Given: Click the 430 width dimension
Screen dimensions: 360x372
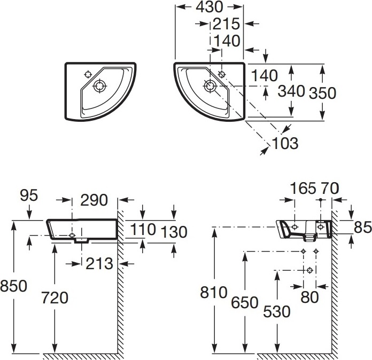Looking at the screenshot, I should pyautogui.click(x=210, y=7).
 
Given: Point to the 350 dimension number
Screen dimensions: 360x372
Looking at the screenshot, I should pyautogui.click(x=323, y=93).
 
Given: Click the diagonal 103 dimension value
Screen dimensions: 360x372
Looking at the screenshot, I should pyautogui.click(x=284, y=143).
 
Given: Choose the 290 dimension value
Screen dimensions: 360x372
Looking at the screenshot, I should pyautogui.click(x=94, y=200).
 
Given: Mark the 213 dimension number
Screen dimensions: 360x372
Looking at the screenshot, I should pyautogui.click(x=99, y=263).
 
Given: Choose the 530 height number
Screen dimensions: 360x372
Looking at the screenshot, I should pyautogui.click(x=276, y=311).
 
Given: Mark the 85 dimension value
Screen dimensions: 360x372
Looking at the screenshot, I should pyautogui.click(x=362, y=228).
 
